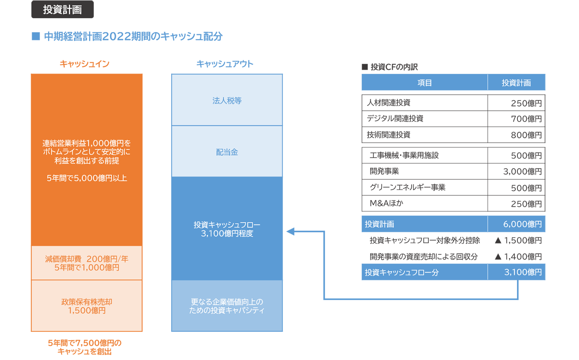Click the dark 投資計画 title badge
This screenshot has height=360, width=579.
pyautogui.click(x=62, y=9)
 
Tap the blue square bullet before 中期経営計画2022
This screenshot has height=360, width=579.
pyautogui.click(x=36, y=36)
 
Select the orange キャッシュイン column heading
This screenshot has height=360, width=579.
pyautogui.click(x=84, y=64)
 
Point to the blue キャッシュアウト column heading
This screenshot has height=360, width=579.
pyautogui.click(x=225, y=64)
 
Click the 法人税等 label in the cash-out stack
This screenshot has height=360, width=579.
pyautogui.click(x=227, y=100)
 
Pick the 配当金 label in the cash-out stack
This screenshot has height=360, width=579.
pyautogui.click(x=227, y=152)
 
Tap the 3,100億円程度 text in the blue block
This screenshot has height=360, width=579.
pyautogui.click(x=227, y=234)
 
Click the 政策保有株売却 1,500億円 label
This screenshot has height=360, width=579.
pyautogui.click(x=86, y=306)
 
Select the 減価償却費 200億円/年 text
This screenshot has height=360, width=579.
pyautogui.click(x=86, y=259)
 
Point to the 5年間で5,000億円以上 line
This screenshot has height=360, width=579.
pyautogui.click(x=86, y=178)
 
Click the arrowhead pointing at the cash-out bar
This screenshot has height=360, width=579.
pyautogui.click(x=290, y=231)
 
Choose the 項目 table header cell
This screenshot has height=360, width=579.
pyautogui.click(x=424, y=83)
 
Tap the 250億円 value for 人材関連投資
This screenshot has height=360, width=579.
pyautogui.click(x=526, y=103)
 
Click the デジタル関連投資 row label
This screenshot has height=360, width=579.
pyautogui.click(x=395, y=119)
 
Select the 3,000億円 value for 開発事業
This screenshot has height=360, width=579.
pyautogui.click(x=522, y=172)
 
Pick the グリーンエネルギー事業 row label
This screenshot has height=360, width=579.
pyautogui.click(x=408, y=187)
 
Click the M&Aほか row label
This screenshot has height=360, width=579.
pyautogui.click(x=386, y=203)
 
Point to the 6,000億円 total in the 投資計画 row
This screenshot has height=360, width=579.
pyautogui.click(x=522, y=224)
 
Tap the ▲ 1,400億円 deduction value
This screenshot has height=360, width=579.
pyautogui.click(x=518, y=256)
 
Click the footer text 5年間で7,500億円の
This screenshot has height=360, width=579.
pyautogui.click(x=84, y=343)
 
